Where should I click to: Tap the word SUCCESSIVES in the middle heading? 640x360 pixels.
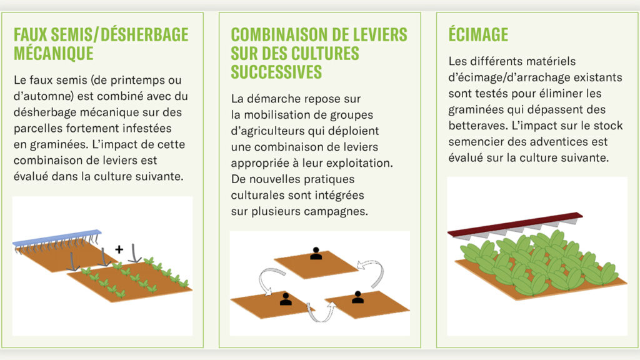pos(276,71)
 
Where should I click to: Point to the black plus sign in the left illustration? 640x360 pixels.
pos(119,249)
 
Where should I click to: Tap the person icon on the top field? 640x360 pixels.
pos(316,253)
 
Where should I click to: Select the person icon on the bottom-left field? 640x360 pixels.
pos(286,299)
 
